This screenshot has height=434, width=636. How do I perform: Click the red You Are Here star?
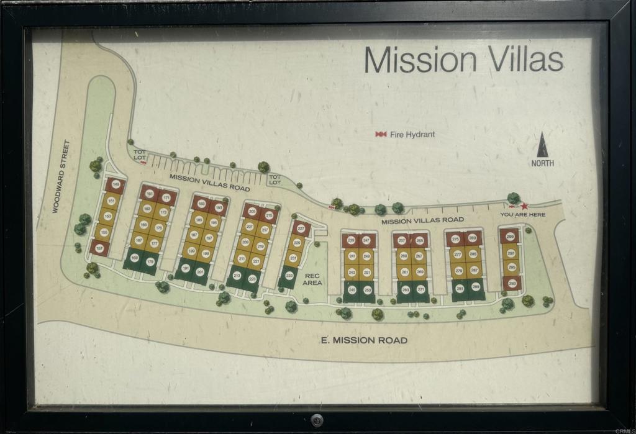click(524, 206)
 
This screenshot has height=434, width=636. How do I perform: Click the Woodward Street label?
click(61, 177)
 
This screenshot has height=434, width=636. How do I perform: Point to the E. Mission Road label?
click(364, 340)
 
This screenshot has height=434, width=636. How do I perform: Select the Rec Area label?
click(312, 279)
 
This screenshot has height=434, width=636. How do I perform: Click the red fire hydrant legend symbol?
click(380, 134)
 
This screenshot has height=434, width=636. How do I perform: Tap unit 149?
click(116, 183)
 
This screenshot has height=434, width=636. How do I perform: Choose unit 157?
click(99, 248)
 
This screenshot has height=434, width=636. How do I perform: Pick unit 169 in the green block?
click(134, 258)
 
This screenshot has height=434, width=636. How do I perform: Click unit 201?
click(200, 272)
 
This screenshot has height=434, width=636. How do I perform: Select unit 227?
click(301, 228)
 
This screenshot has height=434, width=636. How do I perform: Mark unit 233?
click(289, 275)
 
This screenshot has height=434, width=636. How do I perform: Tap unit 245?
click(352, 289)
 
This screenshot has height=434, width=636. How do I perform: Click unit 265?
click(420, 240)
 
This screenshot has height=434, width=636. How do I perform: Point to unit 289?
click(476, 287)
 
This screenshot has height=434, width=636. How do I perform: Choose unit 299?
click(510, 237)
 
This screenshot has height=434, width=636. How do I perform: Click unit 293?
click(512, 283)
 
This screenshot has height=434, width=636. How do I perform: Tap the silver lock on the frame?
click(317, 420)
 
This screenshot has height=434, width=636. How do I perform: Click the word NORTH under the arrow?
click(542, 163)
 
